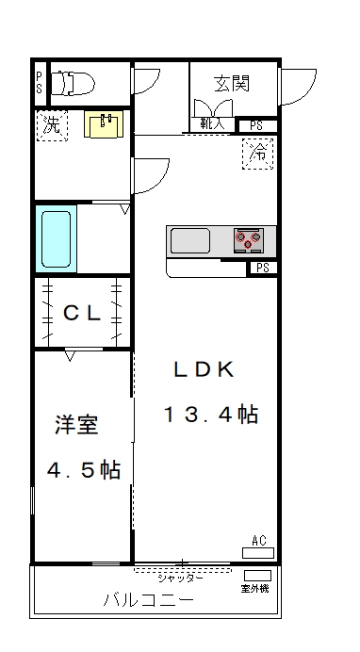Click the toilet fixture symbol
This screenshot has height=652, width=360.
73,83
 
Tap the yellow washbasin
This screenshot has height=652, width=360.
104,123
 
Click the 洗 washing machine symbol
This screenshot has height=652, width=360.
52,125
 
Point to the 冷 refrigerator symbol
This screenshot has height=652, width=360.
257,154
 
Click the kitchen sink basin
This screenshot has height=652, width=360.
190,241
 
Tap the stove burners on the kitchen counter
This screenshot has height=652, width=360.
249,240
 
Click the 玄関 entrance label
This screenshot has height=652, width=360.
232,84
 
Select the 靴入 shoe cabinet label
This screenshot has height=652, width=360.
212,123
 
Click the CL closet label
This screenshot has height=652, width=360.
82,313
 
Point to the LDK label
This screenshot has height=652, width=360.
205,368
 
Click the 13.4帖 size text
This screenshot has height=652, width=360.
211,415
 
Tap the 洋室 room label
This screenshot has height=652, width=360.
76,425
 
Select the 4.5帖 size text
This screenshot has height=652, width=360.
84,470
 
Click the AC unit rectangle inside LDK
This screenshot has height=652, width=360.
258,553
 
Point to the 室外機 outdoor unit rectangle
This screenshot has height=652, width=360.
257,576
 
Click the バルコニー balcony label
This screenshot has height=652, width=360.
148,600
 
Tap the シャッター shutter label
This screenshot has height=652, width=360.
180,579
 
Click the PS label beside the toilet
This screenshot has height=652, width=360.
39,82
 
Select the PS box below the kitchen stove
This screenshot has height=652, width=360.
262,269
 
